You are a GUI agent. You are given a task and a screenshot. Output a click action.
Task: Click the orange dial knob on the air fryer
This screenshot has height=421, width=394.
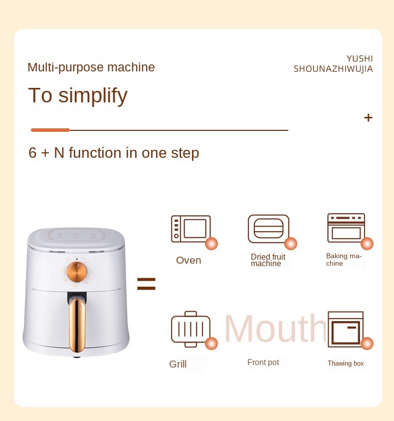coord(77,272)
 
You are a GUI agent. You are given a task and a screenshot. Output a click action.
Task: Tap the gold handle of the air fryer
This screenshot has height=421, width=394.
coord(77,326)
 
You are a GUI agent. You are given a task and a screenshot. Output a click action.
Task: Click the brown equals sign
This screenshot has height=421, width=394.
coord(146,284)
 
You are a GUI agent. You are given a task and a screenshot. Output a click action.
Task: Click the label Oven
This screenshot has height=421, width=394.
coord(189,260)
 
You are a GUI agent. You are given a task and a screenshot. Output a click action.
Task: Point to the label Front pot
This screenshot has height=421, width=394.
coord(263,363)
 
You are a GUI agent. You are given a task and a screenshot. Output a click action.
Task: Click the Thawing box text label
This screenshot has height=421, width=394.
coord(346,363)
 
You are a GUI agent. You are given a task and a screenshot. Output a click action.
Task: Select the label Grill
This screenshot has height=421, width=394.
coord(178,364)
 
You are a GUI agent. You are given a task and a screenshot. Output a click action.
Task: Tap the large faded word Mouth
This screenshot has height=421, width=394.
coord(275,329)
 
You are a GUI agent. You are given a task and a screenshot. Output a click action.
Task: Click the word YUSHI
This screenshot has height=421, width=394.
coord(360,58)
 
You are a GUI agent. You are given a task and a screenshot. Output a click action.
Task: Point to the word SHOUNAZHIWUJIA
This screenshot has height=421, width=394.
coord(333,69)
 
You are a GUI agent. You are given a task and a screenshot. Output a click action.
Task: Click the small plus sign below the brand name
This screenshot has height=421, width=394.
coord(369,117)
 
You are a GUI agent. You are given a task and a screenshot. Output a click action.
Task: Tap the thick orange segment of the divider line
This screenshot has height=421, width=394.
coord(50,130)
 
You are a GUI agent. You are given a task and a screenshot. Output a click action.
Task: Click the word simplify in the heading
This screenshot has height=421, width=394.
coord(93,95)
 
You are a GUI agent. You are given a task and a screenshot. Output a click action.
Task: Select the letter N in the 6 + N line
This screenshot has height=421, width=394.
coord(59,153)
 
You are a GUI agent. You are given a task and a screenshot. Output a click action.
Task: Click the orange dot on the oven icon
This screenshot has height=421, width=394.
coord(211,244)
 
